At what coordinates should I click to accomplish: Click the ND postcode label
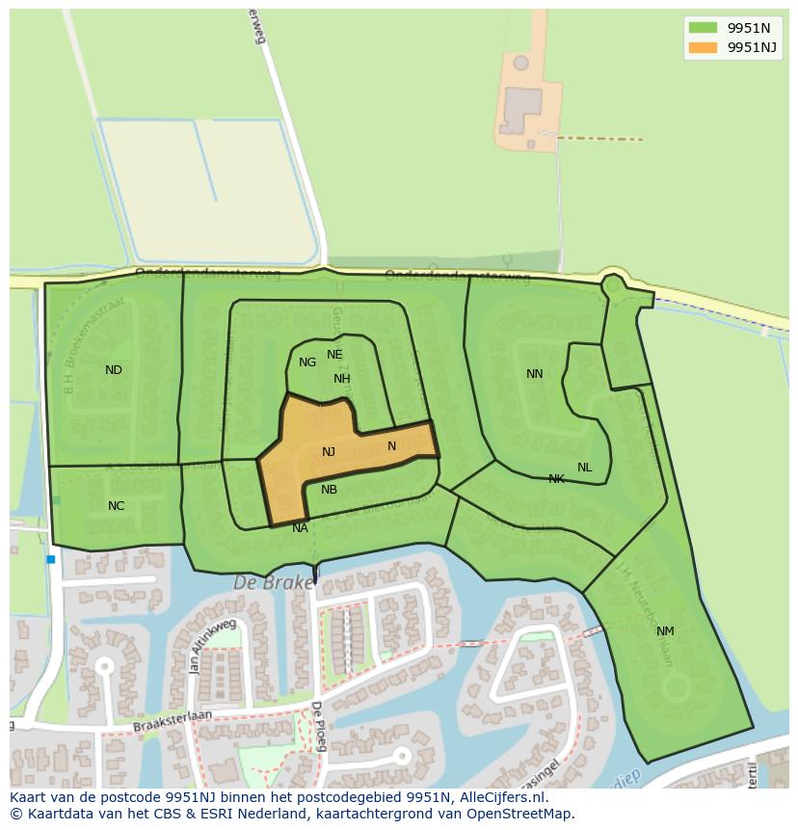pos(114,370)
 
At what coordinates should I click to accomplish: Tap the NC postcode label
pos(116,506)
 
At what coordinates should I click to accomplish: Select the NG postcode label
pos(307,362)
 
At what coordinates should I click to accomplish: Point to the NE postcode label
pos(334,355)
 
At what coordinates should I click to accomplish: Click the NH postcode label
pos(342,379)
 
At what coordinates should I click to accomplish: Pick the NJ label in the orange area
pos(329,452)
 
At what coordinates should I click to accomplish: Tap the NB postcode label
pos(329,490)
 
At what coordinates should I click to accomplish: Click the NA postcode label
pos(300,527)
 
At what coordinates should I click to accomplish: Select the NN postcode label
pos(534,374)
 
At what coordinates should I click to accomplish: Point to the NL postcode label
pos(584,468)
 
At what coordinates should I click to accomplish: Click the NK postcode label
pos(556,479)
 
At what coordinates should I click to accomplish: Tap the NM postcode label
pos(665,631)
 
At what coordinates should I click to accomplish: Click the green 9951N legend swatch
pos(703,28)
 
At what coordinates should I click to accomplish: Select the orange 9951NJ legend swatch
pos(703,47)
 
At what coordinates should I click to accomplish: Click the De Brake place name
pos(274,583)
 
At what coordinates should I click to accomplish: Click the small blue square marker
pos(50,559)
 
